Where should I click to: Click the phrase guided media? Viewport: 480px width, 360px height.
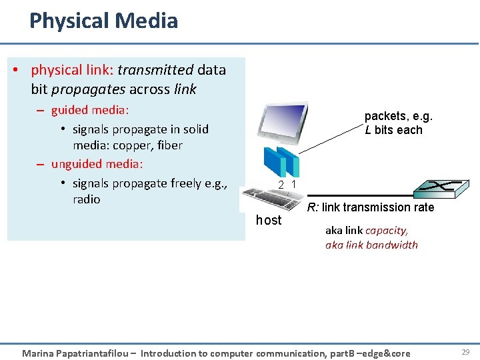90,110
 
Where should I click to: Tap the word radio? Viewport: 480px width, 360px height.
87,199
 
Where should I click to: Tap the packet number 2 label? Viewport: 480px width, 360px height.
282,185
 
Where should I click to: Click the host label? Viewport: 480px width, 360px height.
269,221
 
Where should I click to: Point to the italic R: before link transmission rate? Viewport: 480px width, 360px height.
313,207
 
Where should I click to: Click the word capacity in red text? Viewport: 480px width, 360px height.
387,231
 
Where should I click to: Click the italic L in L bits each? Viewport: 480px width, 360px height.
368,130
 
